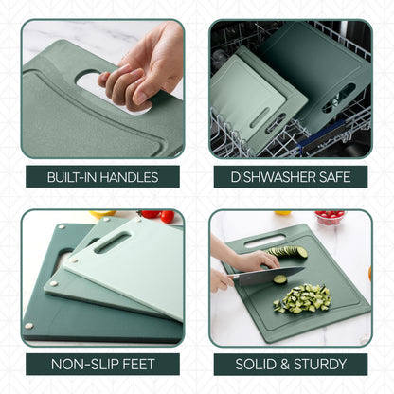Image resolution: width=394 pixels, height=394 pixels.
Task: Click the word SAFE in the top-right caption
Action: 335,176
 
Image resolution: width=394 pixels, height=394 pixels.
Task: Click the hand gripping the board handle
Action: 142,66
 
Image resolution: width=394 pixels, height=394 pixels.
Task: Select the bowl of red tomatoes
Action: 330,217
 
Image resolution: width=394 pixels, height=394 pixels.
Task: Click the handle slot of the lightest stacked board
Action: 112,243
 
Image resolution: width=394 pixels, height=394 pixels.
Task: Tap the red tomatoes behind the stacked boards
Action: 157,215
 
